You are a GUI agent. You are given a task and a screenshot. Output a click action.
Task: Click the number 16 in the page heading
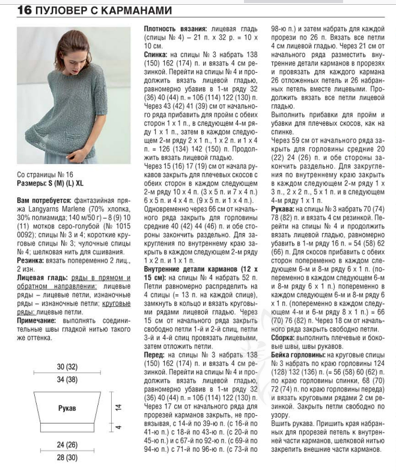coord(24,11)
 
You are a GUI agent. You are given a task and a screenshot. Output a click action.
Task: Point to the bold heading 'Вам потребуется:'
coord(43,199)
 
